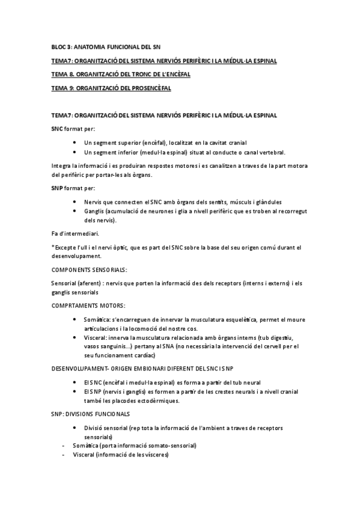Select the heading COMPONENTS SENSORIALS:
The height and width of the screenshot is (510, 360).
pyautogui.click(x=90, y=269)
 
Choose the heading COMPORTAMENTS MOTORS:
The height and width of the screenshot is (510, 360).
pyautogui.click(x=88, y=305)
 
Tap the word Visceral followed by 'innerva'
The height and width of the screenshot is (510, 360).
pyautogui.click(x=96, y=338)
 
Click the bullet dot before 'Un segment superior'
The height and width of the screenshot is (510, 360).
pyautogui.click(x=74, y=143)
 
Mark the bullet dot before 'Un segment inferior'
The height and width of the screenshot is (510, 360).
pyautogui.click(x=74, y=152)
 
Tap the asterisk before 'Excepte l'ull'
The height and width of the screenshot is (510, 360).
pyautogui.click(x=53, y=247)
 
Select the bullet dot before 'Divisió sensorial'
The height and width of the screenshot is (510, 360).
pyautogui.click(x=74, y=428)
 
